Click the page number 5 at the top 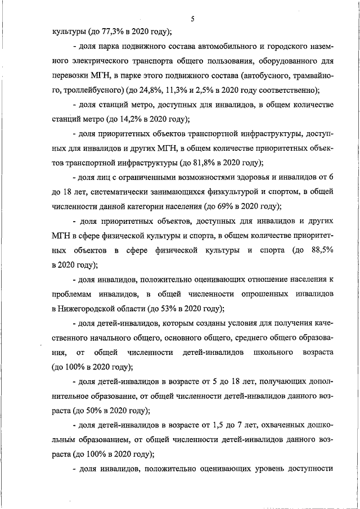(x=192, y=19)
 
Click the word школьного (x=277, y=353)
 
